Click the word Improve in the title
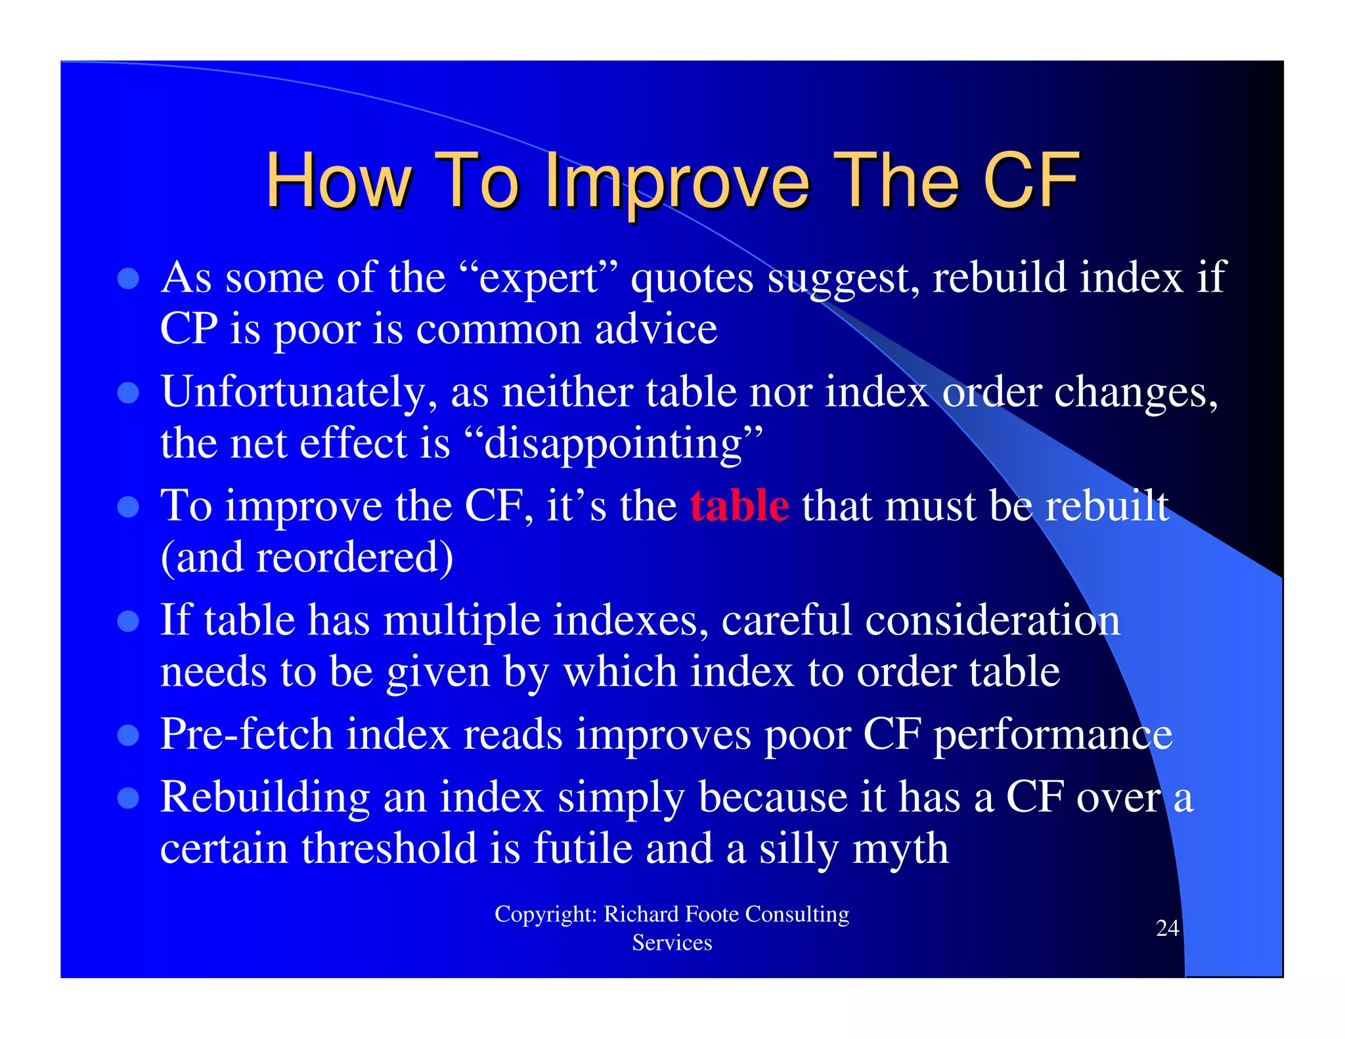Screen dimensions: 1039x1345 677,181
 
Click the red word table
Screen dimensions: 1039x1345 739,506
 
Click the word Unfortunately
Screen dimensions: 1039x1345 299,392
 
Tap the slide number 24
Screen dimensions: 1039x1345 1167,928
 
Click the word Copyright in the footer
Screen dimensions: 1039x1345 545,914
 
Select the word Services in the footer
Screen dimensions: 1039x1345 672,943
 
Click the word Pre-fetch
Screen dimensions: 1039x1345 246,734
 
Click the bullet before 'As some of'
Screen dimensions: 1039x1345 128,278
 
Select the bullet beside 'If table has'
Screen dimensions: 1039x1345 128,621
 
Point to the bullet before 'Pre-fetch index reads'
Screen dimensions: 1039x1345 128,735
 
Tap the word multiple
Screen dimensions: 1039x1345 462,620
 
